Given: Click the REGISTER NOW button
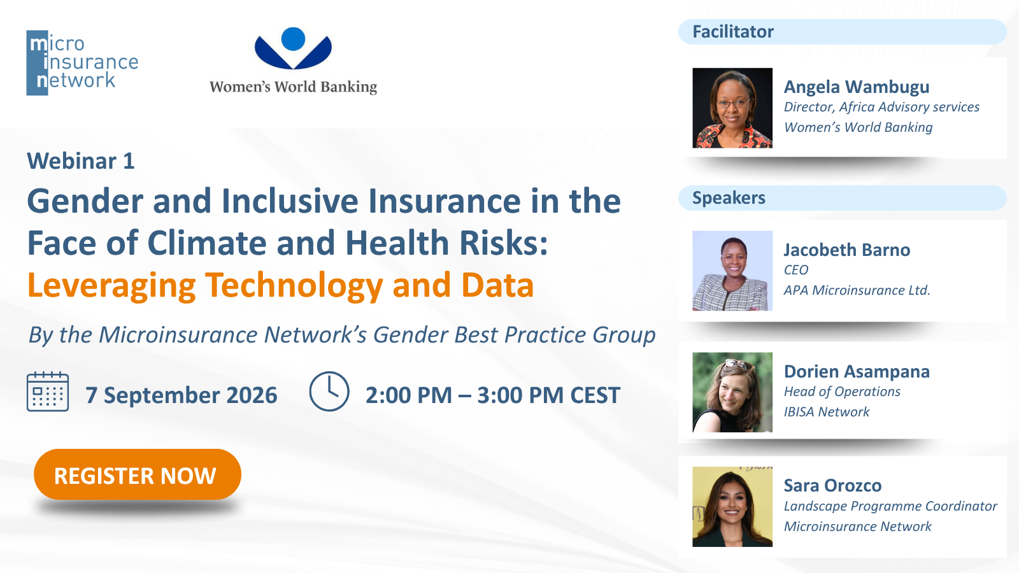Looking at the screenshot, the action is coord(138,474).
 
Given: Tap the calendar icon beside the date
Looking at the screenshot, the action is coord(48,392).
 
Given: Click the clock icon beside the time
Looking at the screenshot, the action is coord(329,391).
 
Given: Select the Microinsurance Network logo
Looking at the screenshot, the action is coord(82,63).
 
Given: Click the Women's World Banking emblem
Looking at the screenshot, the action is coord(294,48).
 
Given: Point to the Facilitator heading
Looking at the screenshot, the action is coord(733,32).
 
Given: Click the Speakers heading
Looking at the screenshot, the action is coord(729,198).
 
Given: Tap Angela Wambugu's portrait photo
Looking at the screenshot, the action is coord(732,108).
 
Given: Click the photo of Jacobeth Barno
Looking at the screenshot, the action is coord(732,271).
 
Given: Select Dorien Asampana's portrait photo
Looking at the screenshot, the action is coord(732,392).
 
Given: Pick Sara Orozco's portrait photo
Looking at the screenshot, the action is coord(732,507).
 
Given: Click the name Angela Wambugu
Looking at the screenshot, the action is coord(857,87).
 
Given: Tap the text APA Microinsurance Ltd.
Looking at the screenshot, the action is coord(857,290).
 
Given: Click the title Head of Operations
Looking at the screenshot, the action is coord(842,392).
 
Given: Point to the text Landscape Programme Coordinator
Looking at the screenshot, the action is coord(890,506).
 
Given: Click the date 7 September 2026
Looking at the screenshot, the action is coord(182,395).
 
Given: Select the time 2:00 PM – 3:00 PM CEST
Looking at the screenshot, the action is coord(493,395).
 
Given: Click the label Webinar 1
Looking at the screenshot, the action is coord(81,161).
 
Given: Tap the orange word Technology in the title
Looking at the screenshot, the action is coord(294,286).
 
